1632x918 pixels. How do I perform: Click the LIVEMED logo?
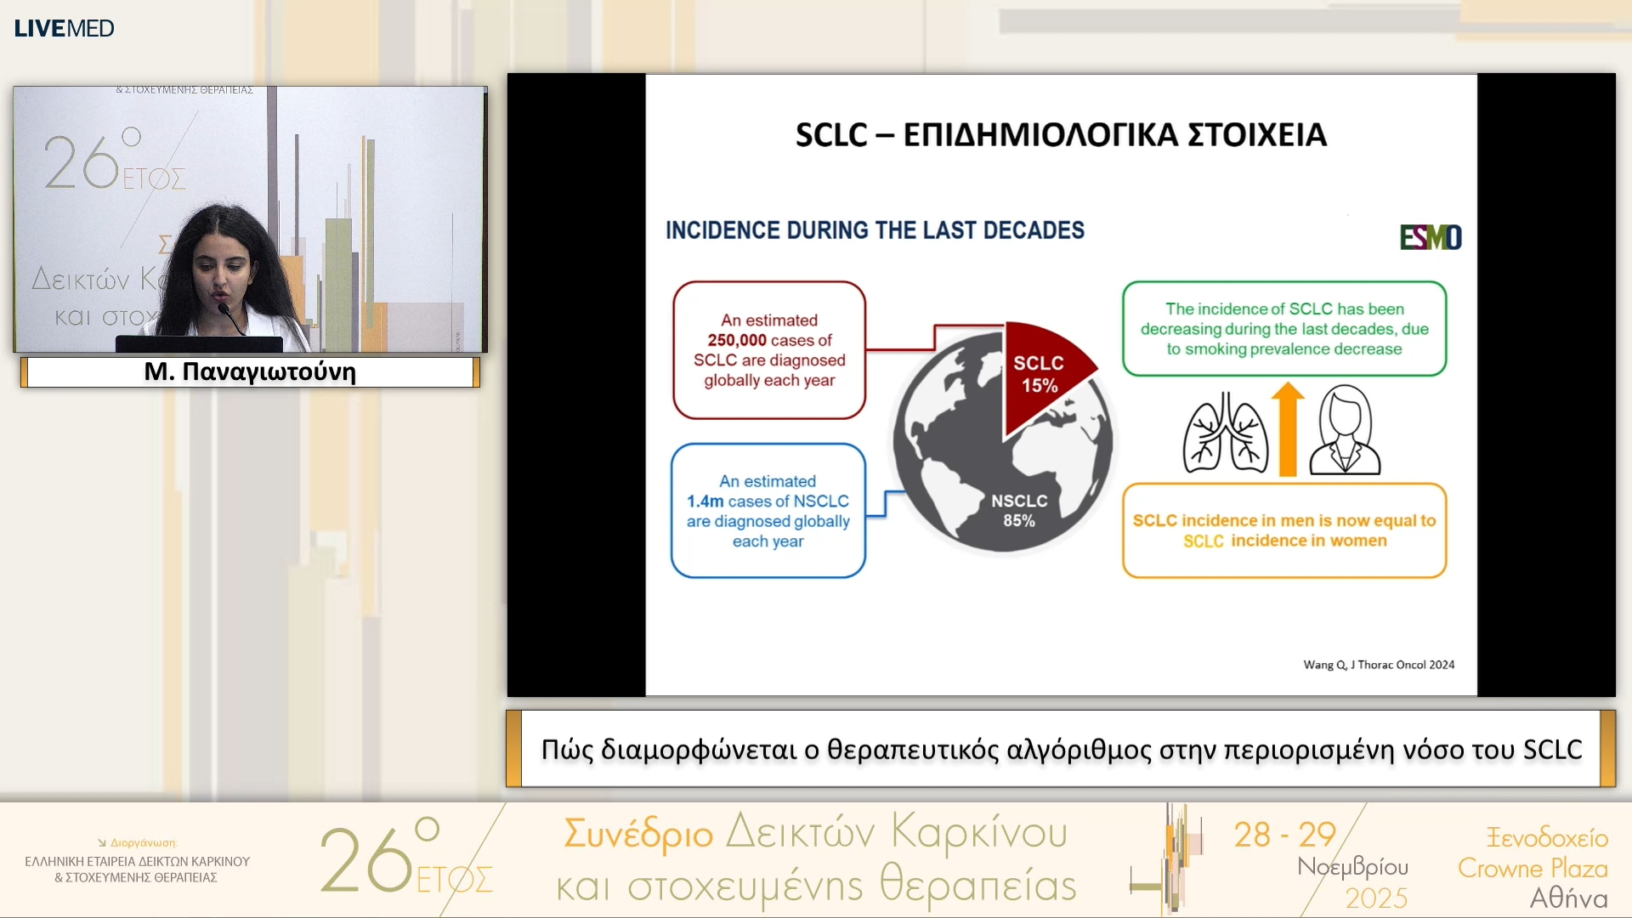pos(64,28)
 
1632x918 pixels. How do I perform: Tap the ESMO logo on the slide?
pos(1431,237)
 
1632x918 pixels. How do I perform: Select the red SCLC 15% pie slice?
pos(1044,374)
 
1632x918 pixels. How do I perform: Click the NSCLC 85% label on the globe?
pos(1019,511)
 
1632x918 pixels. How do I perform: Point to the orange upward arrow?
pos(1288,428)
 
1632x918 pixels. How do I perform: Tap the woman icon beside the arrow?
pos(1345,429)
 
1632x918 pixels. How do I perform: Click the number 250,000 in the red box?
pos(737,340)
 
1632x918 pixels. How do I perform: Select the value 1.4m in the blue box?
pos(705,501)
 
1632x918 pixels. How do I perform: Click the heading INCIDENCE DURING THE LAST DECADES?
pos(875,230)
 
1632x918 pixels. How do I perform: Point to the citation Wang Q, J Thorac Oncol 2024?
pos(1379,665)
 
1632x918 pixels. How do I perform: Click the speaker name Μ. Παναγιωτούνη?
pos(250,372)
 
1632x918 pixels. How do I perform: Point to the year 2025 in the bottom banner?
pos(1376,898)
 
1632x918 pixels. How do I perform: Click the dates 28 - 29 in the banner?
pos(1285,835)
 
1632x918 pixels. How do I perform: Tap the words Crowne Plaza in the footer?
pos(1533,868)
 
